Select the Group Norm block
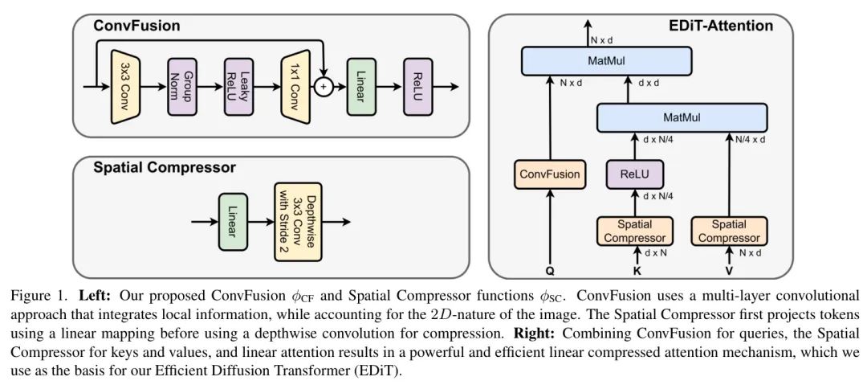[181, 85]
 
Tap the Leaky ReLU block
[238, 85]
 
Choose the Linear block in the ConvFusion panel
[361, 85]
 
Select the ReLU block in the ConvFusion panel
[418, 85]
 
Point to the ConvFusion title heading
[136, 26]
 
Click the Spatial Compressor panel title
[165, 168]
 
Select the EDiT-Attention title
[721, 26]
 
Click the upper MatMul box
[606, 60]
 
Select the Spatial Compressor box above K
[634, 231]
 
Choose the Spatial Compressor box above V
[729, 231]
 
